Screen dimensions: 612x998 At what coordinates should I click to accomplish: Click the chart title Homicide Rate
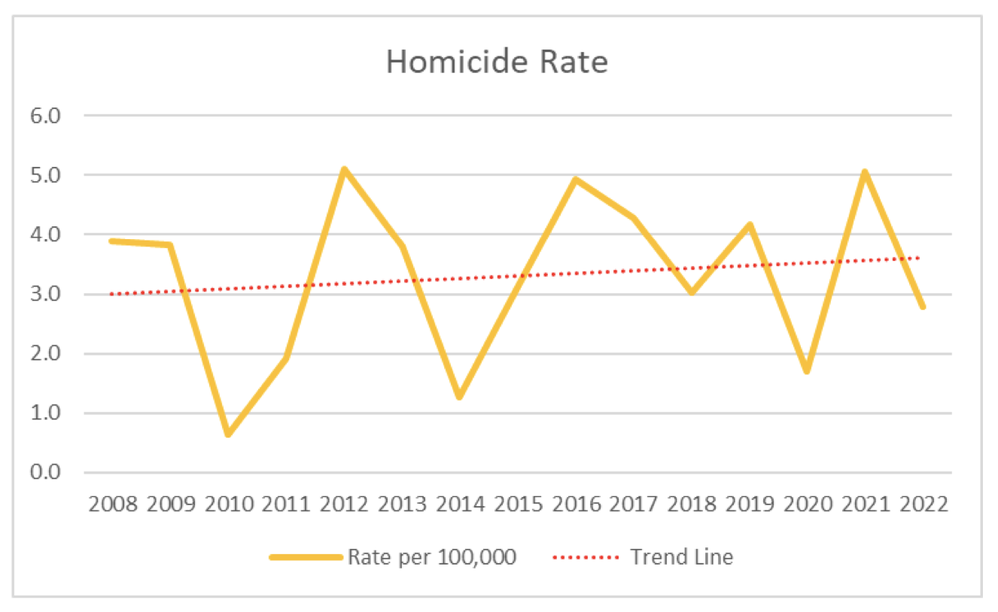pos(497,62)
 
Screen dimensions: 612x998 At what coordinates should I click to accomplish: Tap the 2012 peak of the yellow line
pos(344,169)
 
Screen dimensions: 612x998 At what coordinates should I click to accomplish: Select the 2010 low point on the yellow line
pos(227,434)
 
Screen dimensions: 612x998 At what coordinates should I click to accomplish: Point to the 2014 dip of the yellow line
pos(459,396)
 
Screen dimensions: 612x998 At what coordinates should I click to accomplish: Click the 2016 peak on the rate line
pos(576,179)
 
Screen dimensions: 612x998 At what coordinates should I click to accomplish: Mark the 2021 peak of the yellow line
pos(865,172)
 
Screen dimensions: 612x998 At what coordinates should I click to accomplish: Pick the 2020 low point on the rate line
pos(807,371)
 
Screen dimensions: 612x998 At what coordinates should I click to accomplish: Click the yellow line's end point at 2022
pos(922,306)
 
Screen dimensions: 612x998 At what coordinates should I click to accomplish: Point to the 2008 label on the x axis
pos(113,504)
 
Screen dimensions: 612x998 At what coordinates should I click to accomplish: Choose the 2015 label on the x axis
pos(518,504)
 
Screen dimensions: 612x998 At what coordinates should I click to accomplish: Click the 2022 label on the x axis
pos(923,504)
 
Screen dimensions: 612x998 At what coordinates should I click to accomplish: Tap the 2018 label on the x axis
pos(692,504)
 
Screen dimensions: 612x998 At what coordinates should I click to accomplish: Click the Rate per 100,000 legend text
pos(431,557)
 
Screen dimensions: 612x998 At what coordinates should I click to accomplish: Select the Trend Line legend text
pos(682,557)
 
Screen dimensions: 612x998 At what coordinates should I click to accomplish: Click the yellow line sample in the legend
pos(306,557)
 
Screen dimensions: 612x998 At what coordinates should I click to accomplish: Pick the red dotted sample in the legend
pos(586,557)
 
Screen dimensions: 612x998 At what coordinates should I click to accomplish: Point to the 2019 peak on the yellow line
pos(750,224)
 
